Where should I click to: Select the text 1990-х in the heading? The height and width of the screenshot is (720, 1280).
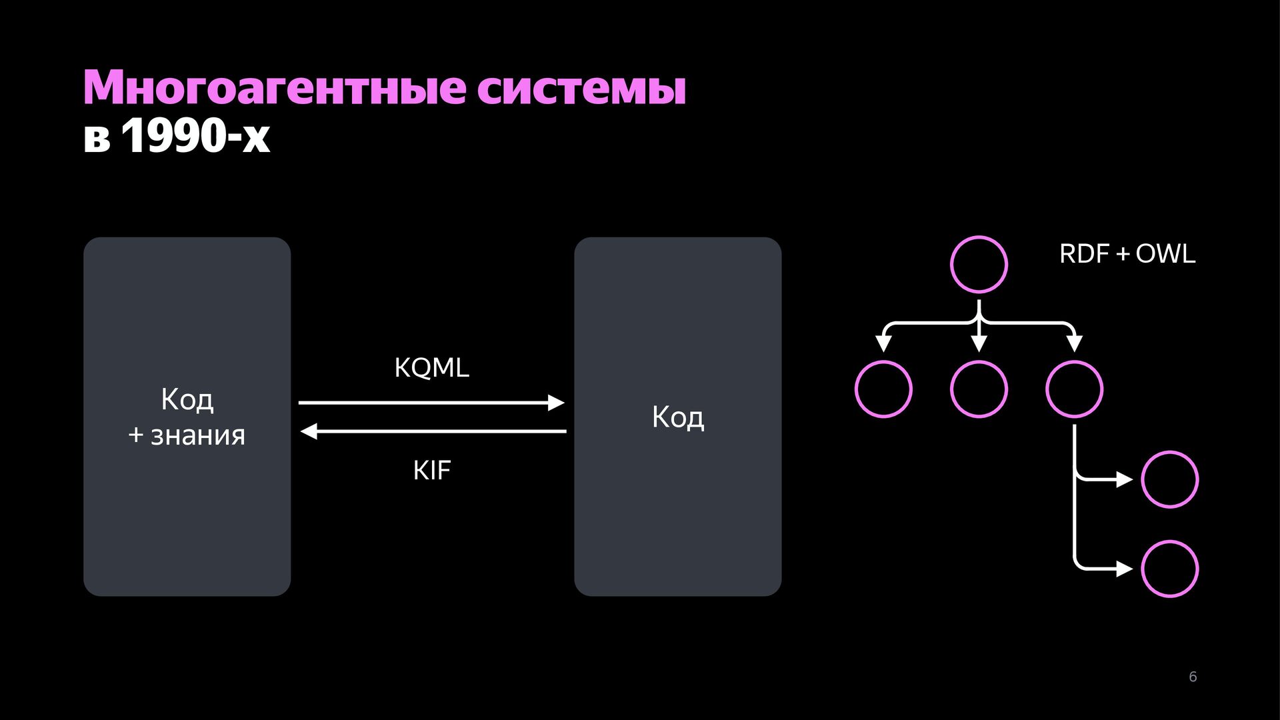pos(195,137)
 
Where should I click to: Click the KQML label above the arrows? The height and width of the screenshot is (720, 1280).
pos(432,367)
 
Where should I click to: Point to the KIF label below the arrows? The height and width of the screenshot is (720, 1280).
pos(432,471)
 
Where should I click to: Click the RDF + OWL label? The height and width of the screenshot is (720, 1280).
pos(1127,254)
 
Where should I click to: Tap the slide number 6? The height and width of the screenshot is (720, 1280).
pos(1193,677)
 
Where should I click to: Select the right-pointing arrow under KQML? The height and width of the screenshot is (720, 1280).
pos(432,403)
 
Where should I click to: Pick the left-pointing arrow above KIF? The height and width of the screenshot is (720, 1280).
pos(433,432)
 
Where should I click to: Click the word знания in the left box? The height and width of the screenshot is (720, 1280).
pos(198,435)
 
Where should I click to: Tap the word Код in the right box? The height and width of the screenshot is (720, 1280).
pos(678,417)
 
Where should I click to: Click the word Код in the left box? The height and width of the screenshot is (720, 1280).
pos(187,400)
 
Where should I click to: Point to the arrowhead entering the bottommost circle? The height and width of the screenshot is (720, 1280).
pos(1125,569)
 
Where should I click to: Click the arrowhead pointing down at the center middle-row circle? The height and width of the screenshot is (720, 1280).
pos(979,344)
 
